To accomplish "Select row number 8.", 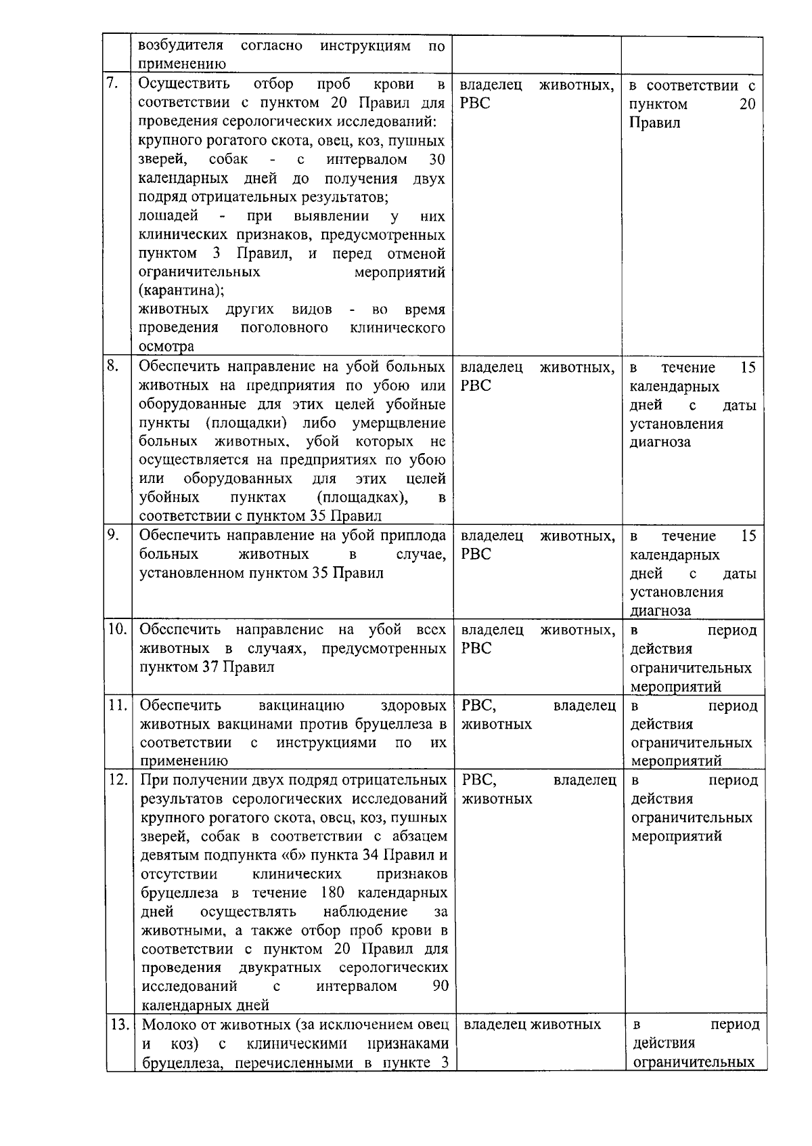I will tap(113, 366).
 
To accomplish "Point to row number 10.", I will tap(117, 629).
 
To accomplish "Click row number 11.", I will tap(118, 704).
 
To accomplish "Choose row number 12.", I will tap(118, 779).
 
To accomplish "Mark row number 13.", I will tap(119, 1024).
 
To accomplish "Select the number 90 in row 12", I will tap(440, 985).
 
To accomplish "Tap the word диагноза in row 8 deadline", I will tap(660, 442).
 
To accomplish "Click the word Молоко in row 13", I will tap(168, 1024).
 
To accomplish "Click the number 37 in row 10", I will tap(209, 666).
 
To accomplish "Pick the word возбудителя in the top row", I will tap(181, 46).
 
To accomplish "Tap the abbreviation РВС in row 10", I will tap(476, 648).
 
